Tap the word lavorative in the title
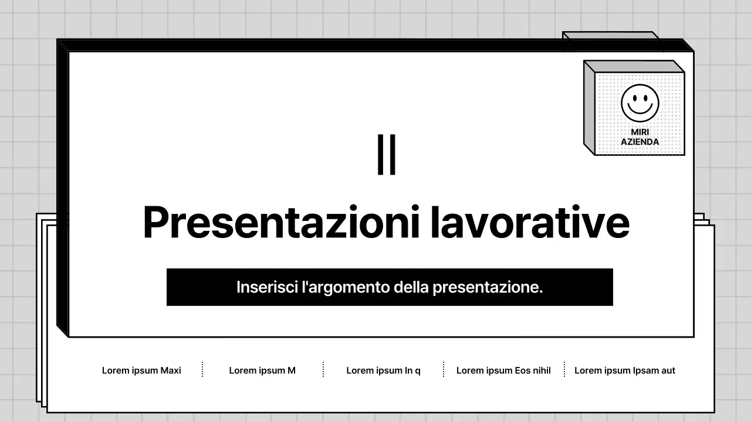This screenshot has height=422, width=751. pyautogui.click(x=530, y=223)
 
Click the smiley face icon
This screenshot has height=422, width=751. pyautogui.click(x=640, y=103)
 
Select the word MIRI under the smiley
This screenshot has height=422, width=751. pyautogui.click(x=640, y=132)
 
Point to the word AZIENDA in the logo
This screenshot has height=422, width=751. pyautogui.click(x=640, y=142)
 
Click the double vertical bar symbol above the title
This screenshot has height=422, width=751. pyautogui.click(x=387, y=155)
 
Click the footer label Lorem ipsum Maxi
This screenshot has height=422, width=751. pyautogui.click(x=141, y=370)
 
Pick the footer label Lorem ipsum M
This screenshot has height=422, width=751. pyautogui.click(x=262, y=370)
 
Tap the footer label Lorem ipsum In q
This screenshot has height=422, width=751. pyautogui.click(x=383, y=370)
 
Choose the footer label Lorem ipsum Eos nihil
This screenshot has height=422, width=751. pyautogui.click(x=503, y=370)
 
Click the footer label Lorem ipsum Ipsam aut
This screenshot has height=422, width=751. pyautogui.click(x=624, y=370)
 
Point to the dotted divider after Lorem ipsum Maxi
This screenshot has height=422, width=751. pyautogui.click(x=202, y=370)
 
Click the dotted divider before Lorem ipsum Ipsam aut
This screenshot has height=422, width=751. pyautogui.click(x=564, y=370)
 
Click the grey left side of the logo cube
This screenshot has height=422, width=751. pyautogui.click(x=589, y=108)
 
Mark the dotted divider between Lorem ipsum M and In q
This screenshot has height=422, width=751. pyautogui.click(x=323, y=370)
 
